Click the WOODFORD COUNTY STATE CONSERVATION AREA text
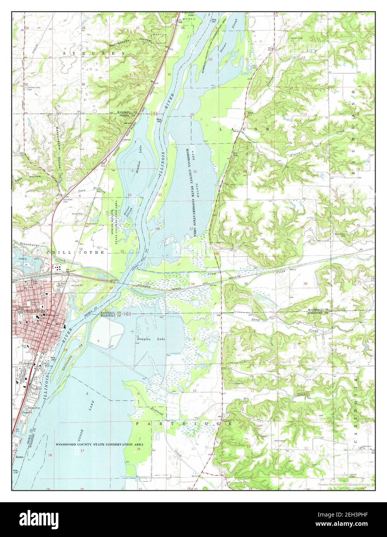tap(99, 445)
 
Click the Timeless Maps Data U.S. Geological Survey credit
tap(344, 484)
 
